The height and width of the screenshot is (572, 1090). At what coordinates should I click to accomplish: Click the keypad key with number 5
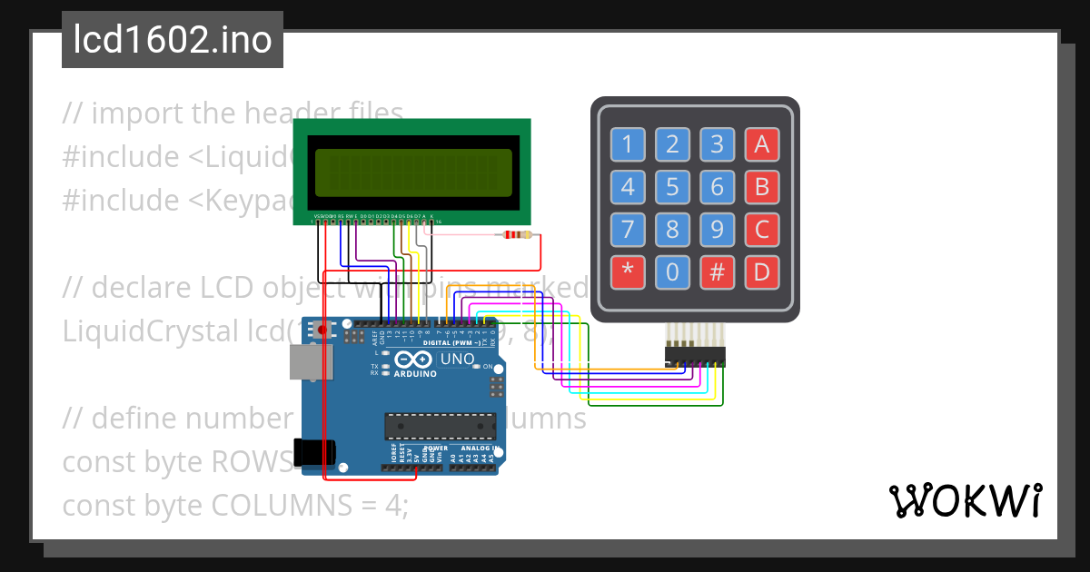pyautogui.click(x=672, y=188)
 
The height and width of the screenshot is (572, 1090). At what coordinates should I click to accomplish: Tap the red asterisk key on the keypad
pyautogui.click(x=627, y=271)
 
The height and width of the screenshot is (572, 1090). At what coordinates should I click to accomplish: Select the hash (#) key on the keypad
pyautogui.click(x=717, y=271)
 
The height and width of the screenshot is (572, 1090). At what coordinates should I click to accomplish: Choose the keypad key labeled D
pyautogui.click(x=762, y=271)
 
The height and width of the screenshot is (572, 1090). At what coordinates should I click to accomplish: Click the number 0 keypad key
pyautogui.click(x=672, y=271)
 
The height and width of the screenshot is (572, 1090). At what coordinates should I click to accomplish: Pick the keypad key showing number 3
pyautogui.click(x=717, y=143)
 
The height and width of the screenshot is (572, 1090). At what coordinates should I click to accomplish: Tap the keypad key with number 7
pyautogui.click(x=627, y=229)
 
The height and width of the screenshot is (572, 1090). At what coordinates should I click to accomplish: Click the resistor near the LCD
pyautogui.click(x=518, y=235)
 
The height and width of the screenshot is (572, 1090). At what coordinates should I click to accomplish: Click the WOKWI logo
pyautogui.click(x=965, y=500)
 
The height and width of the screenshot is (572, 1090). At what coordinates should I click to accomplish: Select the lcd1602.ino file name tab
pyautogui.click(x=173, y=40)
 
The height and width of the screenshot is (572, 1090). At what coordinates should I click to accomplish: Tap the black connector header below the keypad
pyautogui.click(x=696, y=357)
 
